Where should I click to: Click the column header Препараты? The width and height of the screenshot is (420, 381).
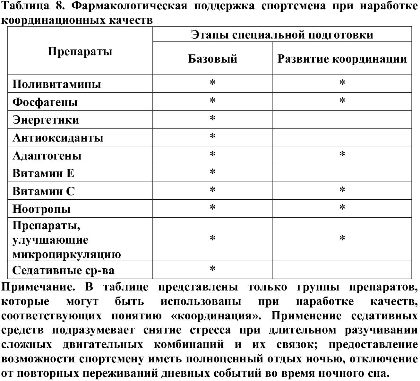80,51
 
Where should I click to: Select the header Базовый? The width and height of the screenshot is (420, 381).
212,59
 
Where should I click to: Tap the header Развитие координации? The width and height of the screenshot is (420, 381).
342,59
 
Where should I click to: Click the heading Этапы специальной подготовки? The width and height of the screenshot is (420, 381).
282,35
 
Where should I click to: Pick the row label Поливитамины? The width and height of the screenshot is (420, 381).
56,84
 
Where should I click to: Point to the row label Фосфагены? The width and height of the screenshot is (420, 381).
45,102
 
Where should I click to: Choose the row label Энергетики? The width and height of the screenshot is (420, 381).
46,120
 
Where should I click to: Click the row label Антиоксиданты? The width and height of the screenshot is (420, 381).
58,138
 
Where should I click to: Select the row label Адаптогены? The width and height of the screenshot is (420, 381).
47,156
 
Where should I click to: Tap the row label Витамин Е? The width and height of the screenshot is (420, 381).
43,173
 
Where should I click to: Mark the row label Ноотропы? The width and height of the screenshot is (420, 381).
41,209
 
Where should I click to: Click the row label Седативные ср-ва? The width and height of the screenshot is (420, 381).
63,270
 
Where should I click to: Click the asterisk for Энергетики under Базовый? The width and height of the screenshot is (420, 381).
212,119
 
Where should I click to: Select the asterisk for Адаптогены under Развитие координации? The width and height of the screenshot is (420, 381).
342,155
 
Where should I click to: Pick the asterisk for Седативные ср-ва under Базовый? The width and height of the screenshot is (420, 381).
212,269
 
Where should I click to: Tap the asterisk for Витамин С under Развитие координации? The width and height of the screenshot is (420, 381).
342,190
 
